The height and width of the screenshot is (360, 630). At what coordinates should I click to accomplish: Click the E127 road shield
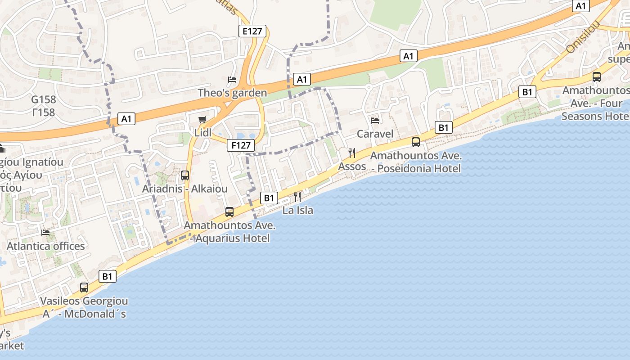(252, 31)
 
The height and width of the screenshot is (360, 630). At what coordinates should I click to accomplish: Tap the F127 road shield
(241, 145)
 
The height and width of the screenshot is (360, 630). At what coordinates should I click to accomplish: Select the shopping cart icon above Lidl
(202, 119)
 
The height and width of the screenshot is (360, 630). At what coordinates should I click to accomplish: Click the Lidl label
(202, 133)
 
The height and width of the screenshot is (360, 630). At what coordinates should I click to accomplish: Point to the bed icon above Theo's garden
(232, 80)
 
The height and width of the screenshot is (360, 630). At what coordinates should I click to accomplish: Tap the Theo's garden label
(232, 93)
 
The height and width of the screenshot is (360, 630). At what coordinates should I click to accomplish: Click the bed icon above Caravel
(374, 120)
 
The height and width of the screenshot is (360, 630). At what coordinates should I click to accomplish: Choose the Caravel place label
(375, 134)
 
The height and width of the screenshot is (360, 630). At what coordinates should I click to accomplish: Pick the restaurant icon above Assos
(352, 153)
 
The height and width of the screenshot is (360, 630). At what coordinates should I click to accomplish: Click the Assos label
(352, 166)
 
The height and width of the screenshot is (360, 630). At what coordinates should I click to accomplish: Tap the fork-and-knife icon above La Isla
(297, 197)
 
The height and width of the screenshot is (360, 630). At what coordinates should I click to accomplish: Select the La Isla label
(297, 210)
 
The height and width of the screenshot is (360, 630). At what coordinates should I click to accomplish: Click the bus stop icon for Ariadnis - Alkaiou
(185, 175)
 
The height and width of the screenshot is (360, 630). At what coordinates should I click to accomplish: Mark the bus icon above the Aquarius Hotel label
(229, 211)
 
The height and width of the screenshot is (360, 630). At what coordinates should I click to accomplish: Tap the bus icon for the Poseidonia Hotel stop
(416, 142)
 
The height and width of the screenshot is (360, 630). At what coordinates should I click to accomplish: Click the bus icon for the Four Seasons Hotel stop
(597, 77)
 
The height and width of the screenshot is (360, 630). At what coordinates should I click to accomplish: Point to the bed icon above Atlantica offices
(45, 233)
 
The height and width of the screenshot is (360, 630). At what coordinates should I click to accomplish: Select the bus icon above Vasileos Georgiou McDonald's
(84, 288)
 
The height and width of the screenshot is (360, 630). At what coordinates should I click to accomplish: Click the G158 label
(43, 100)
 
